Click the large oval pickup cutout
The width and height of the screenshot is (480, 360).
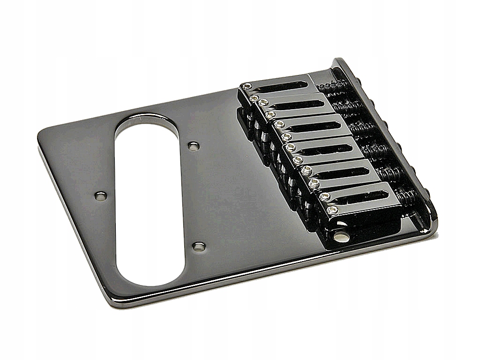149,199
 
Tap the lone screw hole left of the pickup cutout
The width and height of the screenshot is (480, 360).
100,196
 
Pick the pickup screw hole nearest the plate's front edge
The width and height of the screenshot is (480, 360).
199,246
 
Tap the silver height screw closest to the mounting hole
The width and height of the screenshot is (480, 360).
332,210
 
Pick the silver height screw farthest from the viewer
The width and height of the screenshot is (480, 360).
247,86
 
